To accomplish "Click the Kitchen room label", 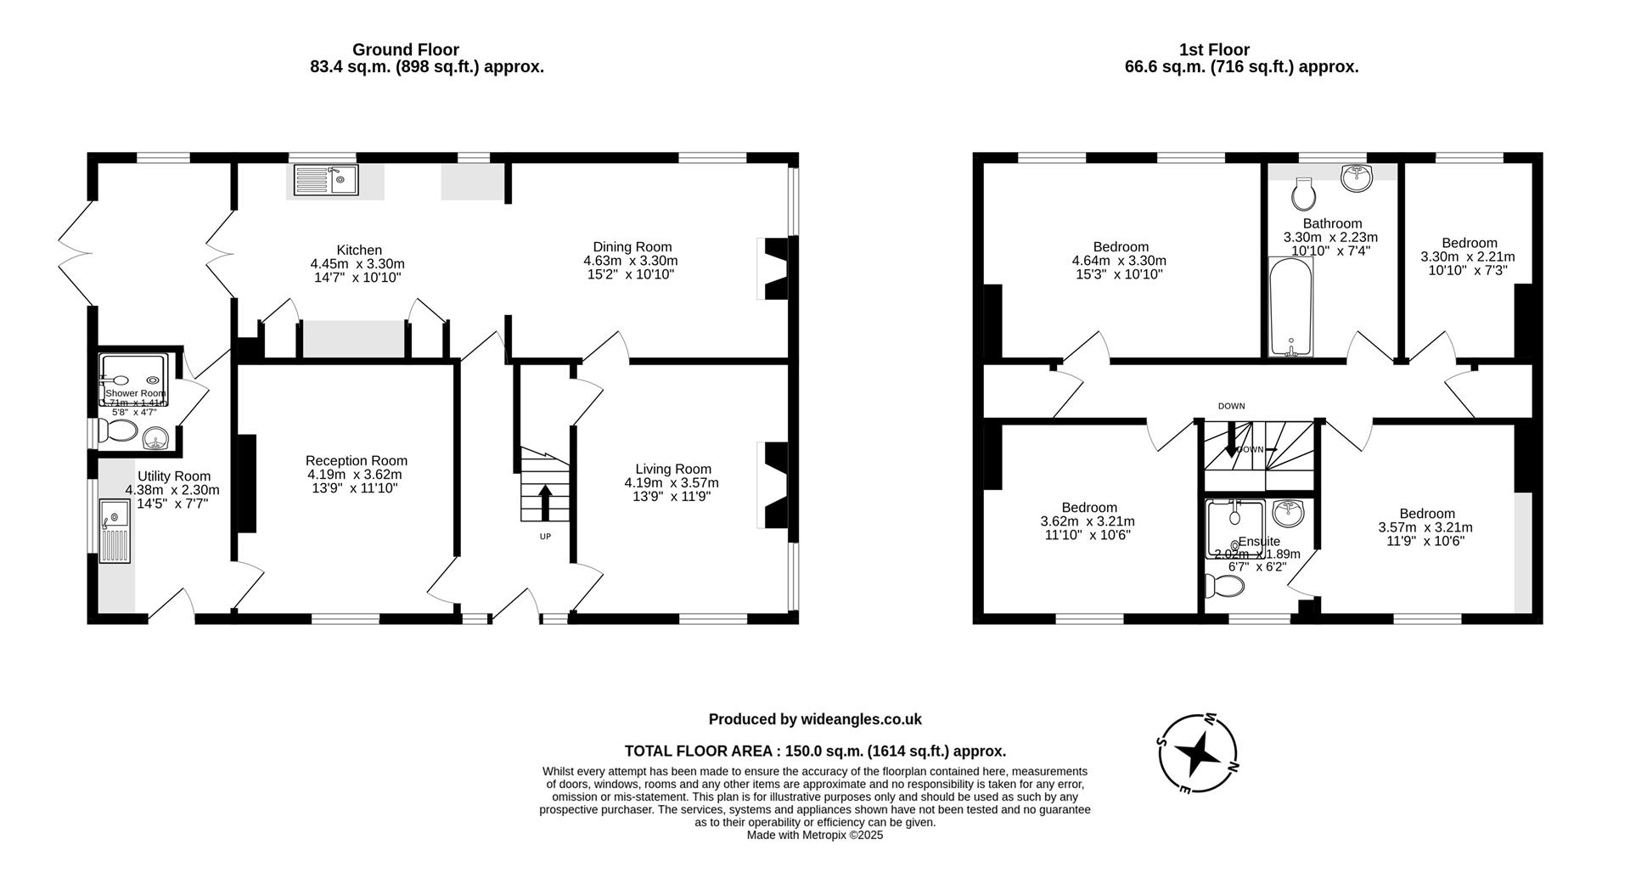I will click(358, 251).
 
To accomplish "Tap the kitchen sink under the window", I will click(327, 179).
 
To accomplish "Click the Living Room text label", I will click(672, 469).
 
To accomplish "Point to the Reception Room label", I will click(356, 460).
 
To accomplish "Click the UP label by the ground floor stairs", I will click(545, 537).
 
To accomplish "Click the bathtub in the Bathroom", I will click(1290, 307).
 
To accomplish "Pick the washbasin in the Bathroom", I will click(1357, 177).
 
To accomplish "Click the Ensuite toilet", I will click(1226, 586).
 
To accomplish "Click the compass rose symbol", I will click(1198, 753).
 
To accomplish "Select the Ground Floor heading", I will click(405, 50).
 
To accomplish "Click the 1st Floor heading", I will click(1214, 50).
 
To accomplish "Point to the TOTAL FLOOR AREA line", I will click(815, 751).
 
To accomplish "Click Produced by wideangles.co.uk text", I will click(815, 719).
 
